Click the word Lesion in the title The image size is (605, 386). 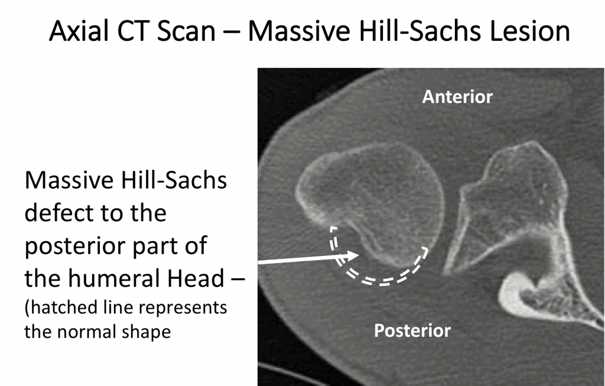point(533,31)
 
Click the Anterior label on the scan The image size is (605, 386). point(457,96)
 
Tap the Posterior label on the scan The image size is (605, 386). point(412,330)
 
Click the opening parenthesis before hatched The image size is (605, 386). point(27,309)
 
